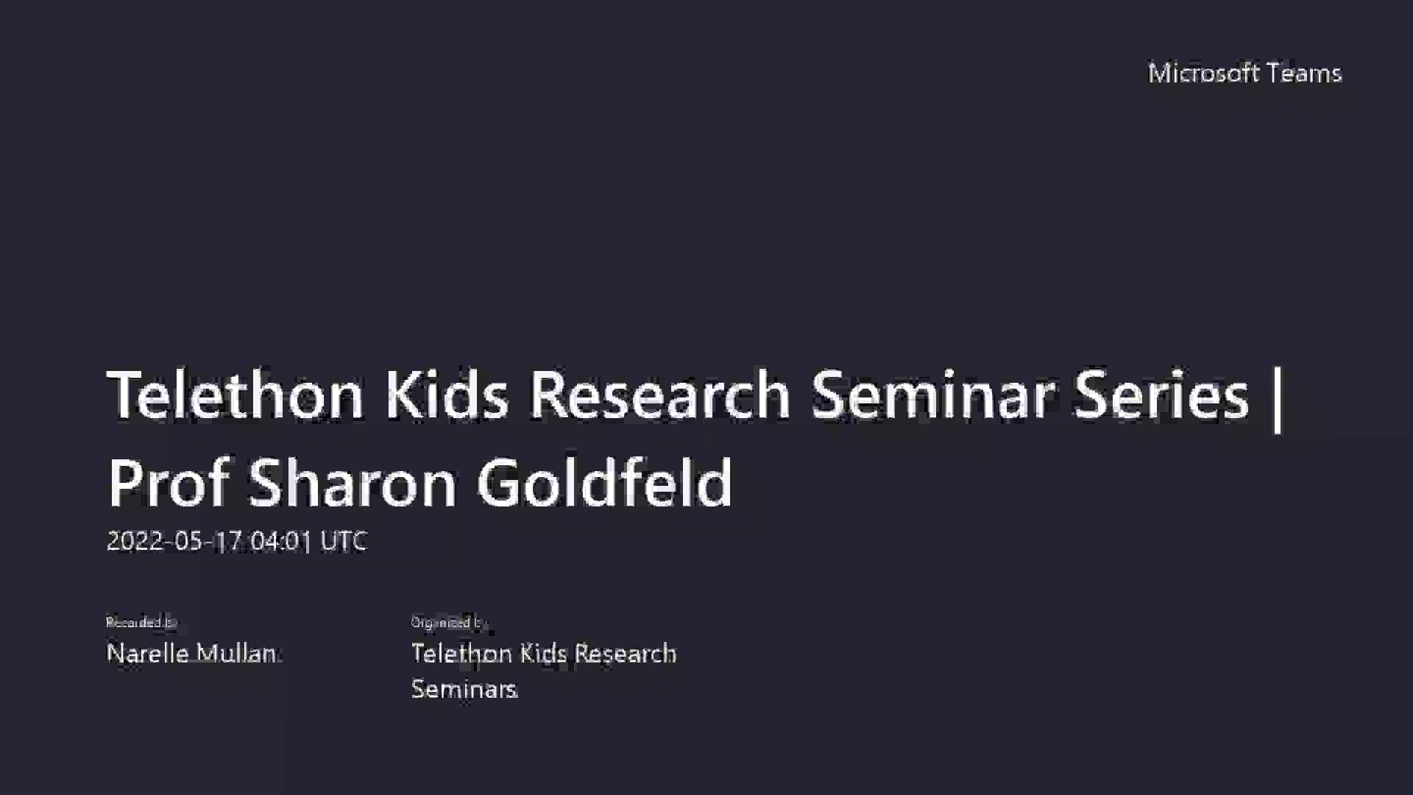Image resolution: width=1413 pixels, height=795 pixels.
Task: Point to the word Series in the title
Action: coord(1161,395)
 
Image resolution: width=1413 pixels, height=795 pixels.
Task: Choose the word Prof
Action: coord(168,483)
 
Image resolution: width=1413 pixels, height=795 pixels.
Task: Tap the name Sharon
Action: coord(352,483)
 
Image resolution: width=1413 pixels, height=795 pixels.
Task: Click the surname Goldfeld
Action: coord(604,483)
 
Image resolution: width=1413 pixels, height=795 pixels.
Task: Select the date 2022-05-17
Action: coord(174,542)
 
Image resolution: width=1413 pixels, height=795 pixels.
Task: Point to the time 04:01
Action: coord(281,542)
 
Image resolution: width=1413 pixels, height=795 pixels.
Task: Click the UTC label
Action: coord(344,542)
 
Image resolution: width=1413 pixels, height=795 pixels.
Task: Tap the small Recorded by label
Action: coord(141,623)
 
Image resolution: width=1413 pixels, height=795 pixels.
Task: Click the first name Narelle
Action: coord(148,654)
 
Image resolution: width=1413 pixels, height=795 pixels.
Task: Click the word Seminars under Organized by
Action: coord(464,690)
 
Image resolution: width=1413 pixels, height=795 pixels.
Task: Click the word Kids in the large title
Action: coord(446,395)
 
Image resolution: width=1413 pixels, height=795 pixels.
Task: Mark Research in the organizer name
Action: coord(625,654)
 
